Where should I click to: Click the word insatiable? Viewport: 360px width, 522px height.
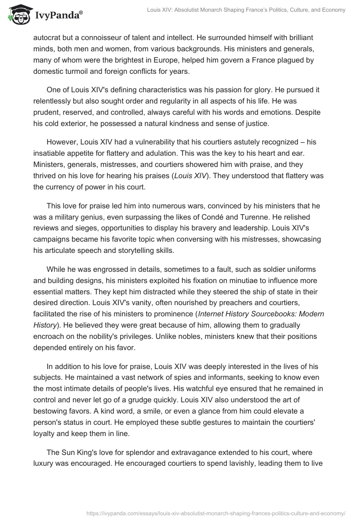50,153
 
